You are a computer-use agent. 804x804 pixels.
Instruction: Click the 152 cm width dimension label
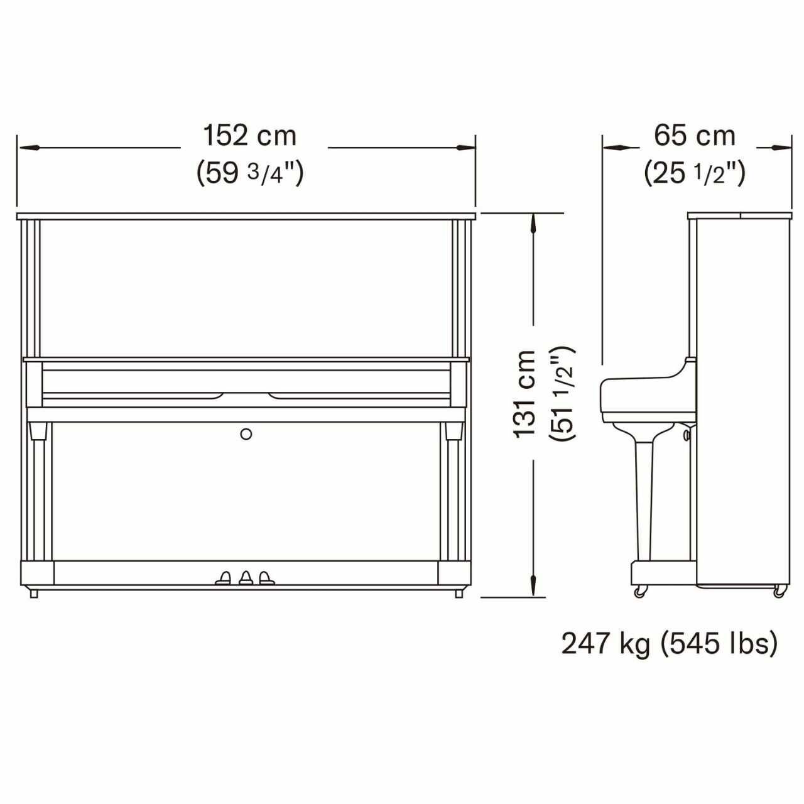coord(249,136)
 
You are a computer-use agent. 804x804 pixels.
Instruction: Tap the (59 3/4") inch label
coord(249,173)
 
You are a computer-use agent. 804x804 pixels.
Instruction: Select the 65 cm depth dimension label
coord(694,136)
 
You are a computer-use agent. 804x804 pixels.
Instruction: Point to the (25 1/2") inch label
coord(694,173)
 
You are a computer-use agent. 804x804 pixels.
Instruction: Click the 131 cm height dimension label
coord(525,394)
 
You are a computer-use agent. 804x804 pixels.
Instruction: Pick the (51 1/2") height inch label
coord(562,393)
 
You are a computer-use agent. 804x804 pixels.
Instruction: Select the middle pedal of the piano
coord(246,578)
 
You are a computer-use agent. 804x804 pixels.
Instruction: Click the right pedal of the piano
coord(266,578)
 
